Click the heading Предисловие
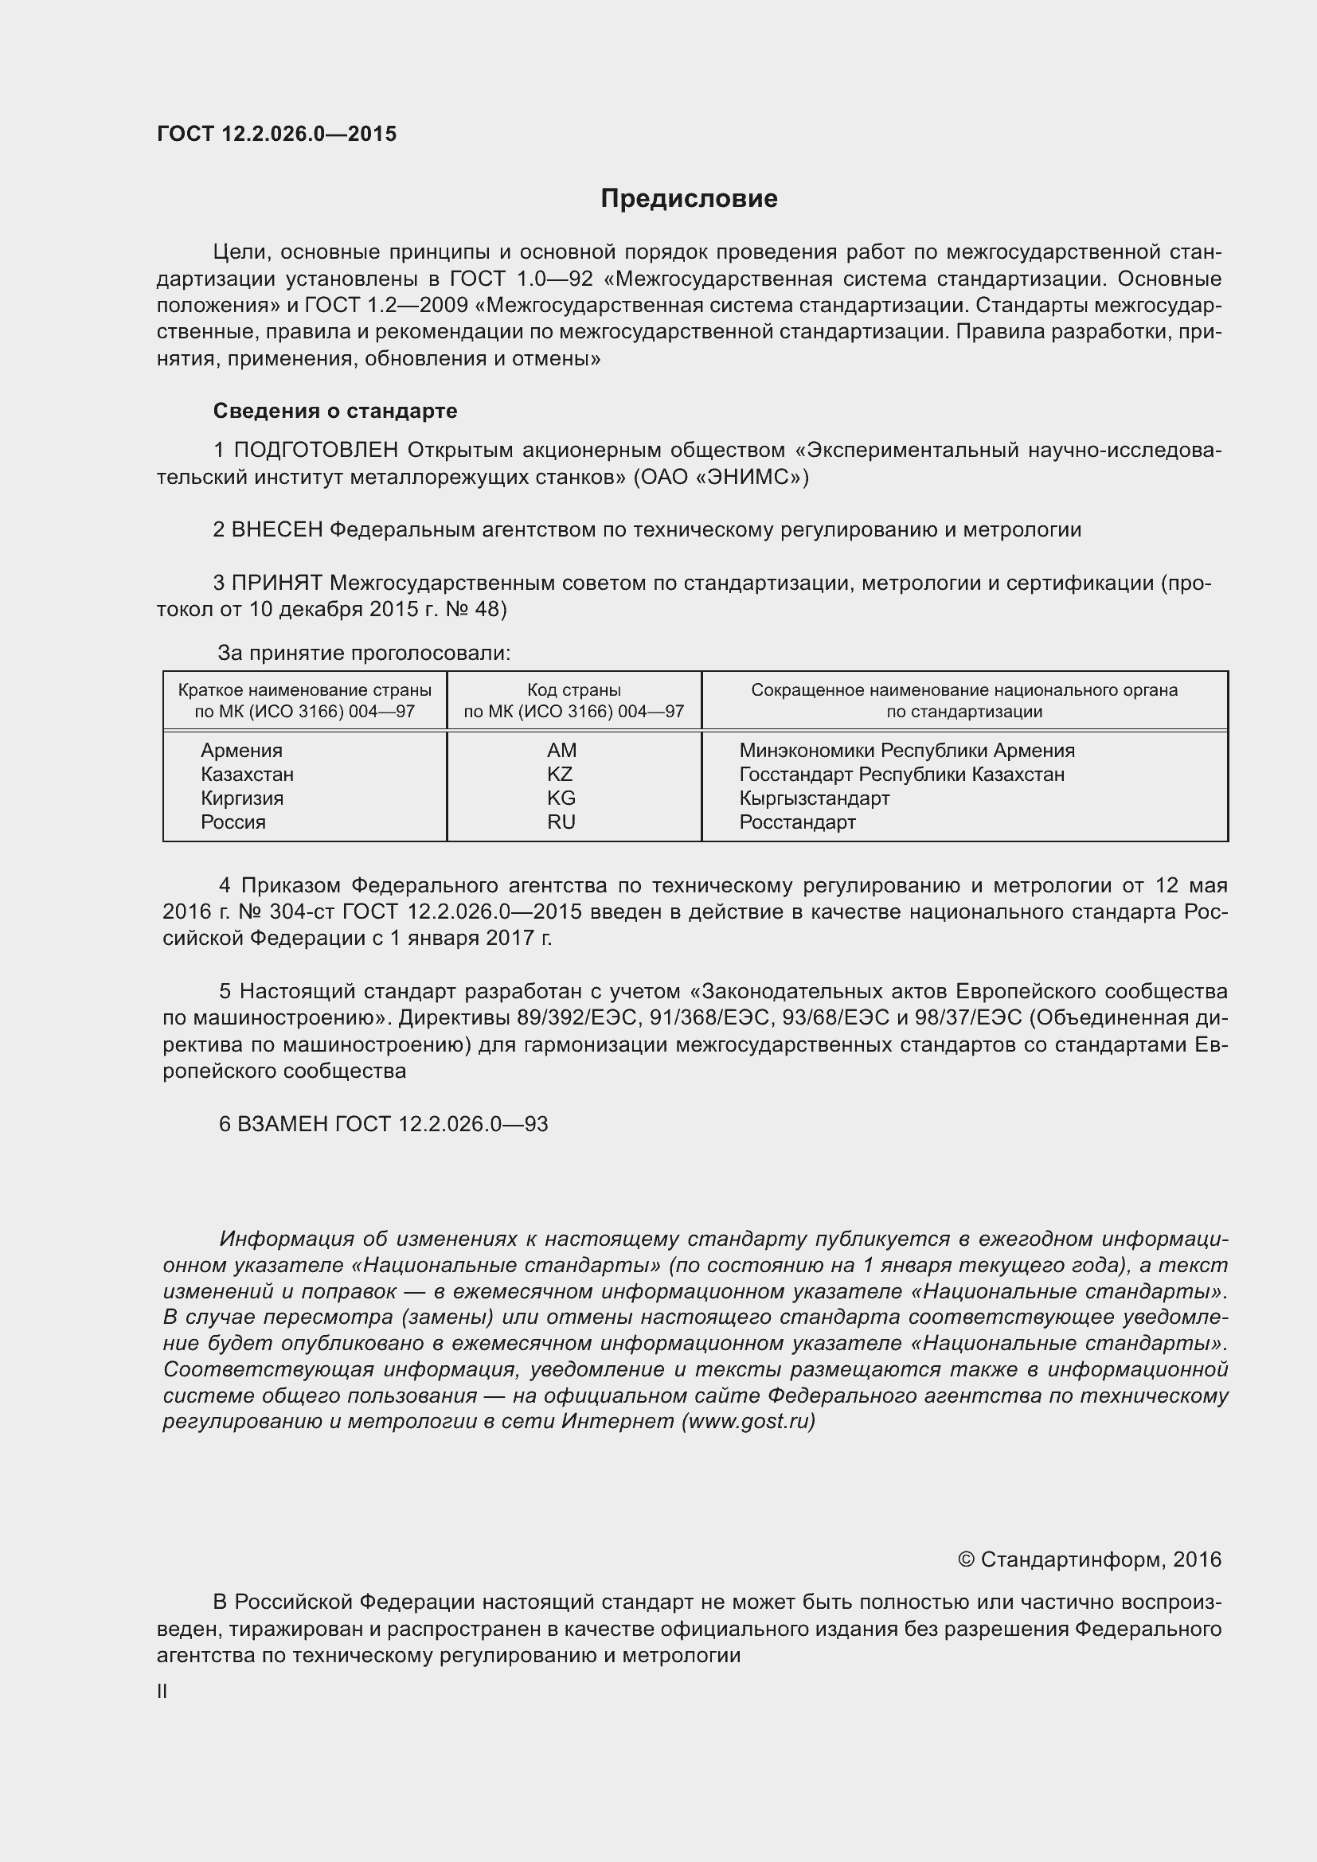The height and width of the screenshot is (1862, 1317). tap(689, 199)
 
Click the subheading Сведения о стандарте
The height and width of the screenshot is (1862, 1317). tap(335, 411)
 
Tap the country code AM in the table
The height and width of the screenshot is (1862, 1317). tap(561, 750)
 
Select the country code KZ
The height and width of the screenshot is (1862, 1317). tap(560, 774)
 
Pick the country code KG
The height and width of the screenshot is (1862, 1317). tap(561, 798)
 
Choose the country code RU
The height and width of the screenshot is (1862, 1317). tap(561, 822)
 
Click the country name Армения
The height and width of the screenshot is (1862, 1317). tap(242, 750)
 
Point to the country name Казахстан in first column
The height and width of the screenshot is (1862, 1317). tap(248, 774)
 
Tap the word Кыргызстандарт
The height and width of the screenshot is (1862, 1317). tap(815, 798)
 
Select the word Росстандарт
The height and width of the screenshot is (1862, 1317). tap(797, 822)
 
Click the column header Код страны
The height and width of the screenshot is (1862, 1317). tap(573, 690)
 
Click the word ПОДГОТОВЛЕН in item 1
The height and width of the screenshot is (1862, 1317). tap(316, 450)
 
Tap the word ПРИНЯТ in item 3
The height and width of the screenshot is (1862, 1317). tap(276, 582)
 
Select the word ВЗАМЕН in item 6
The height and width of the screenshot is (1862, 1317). tap(283, 1124)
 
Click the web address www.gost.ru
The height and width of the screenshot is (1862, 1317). tap(748, 1422)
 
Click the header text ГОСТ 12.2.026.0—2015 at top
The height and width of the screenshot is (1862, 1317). tap(276, 134)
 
